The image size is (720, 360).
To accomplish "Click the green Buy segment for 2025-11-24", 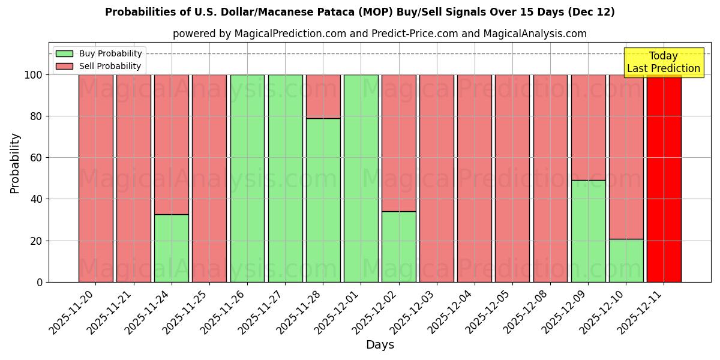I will [172, 248].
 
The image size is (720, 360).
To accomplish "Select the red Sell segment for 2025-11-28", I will [323, 97].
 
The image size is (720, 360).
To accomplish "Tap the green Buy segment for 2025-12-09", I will [588, 231].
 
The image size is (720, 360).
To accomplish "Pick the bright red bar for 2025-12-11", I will [664, 178].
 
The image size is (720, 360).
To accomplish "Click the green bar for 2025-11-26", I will [247, 178].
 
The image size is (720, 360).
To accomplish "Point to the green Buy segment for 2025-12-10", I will [626, 260].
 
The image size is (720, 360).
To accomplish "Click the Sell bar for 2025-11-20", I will [96, 178].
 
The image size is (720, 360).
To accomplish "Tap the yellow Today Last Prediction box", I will [663, 62].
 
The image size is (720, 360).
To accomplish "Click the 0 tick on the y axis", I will [40, 282].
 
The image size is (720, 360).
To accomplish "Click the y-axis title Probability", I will [15, 163].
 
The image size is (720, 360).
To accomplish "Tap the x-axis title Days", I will [380, 345].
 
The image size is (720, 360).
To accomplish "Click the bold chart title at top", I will [360, 12].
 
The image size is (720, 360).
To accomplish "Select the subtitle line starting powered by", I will [380, 34].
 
